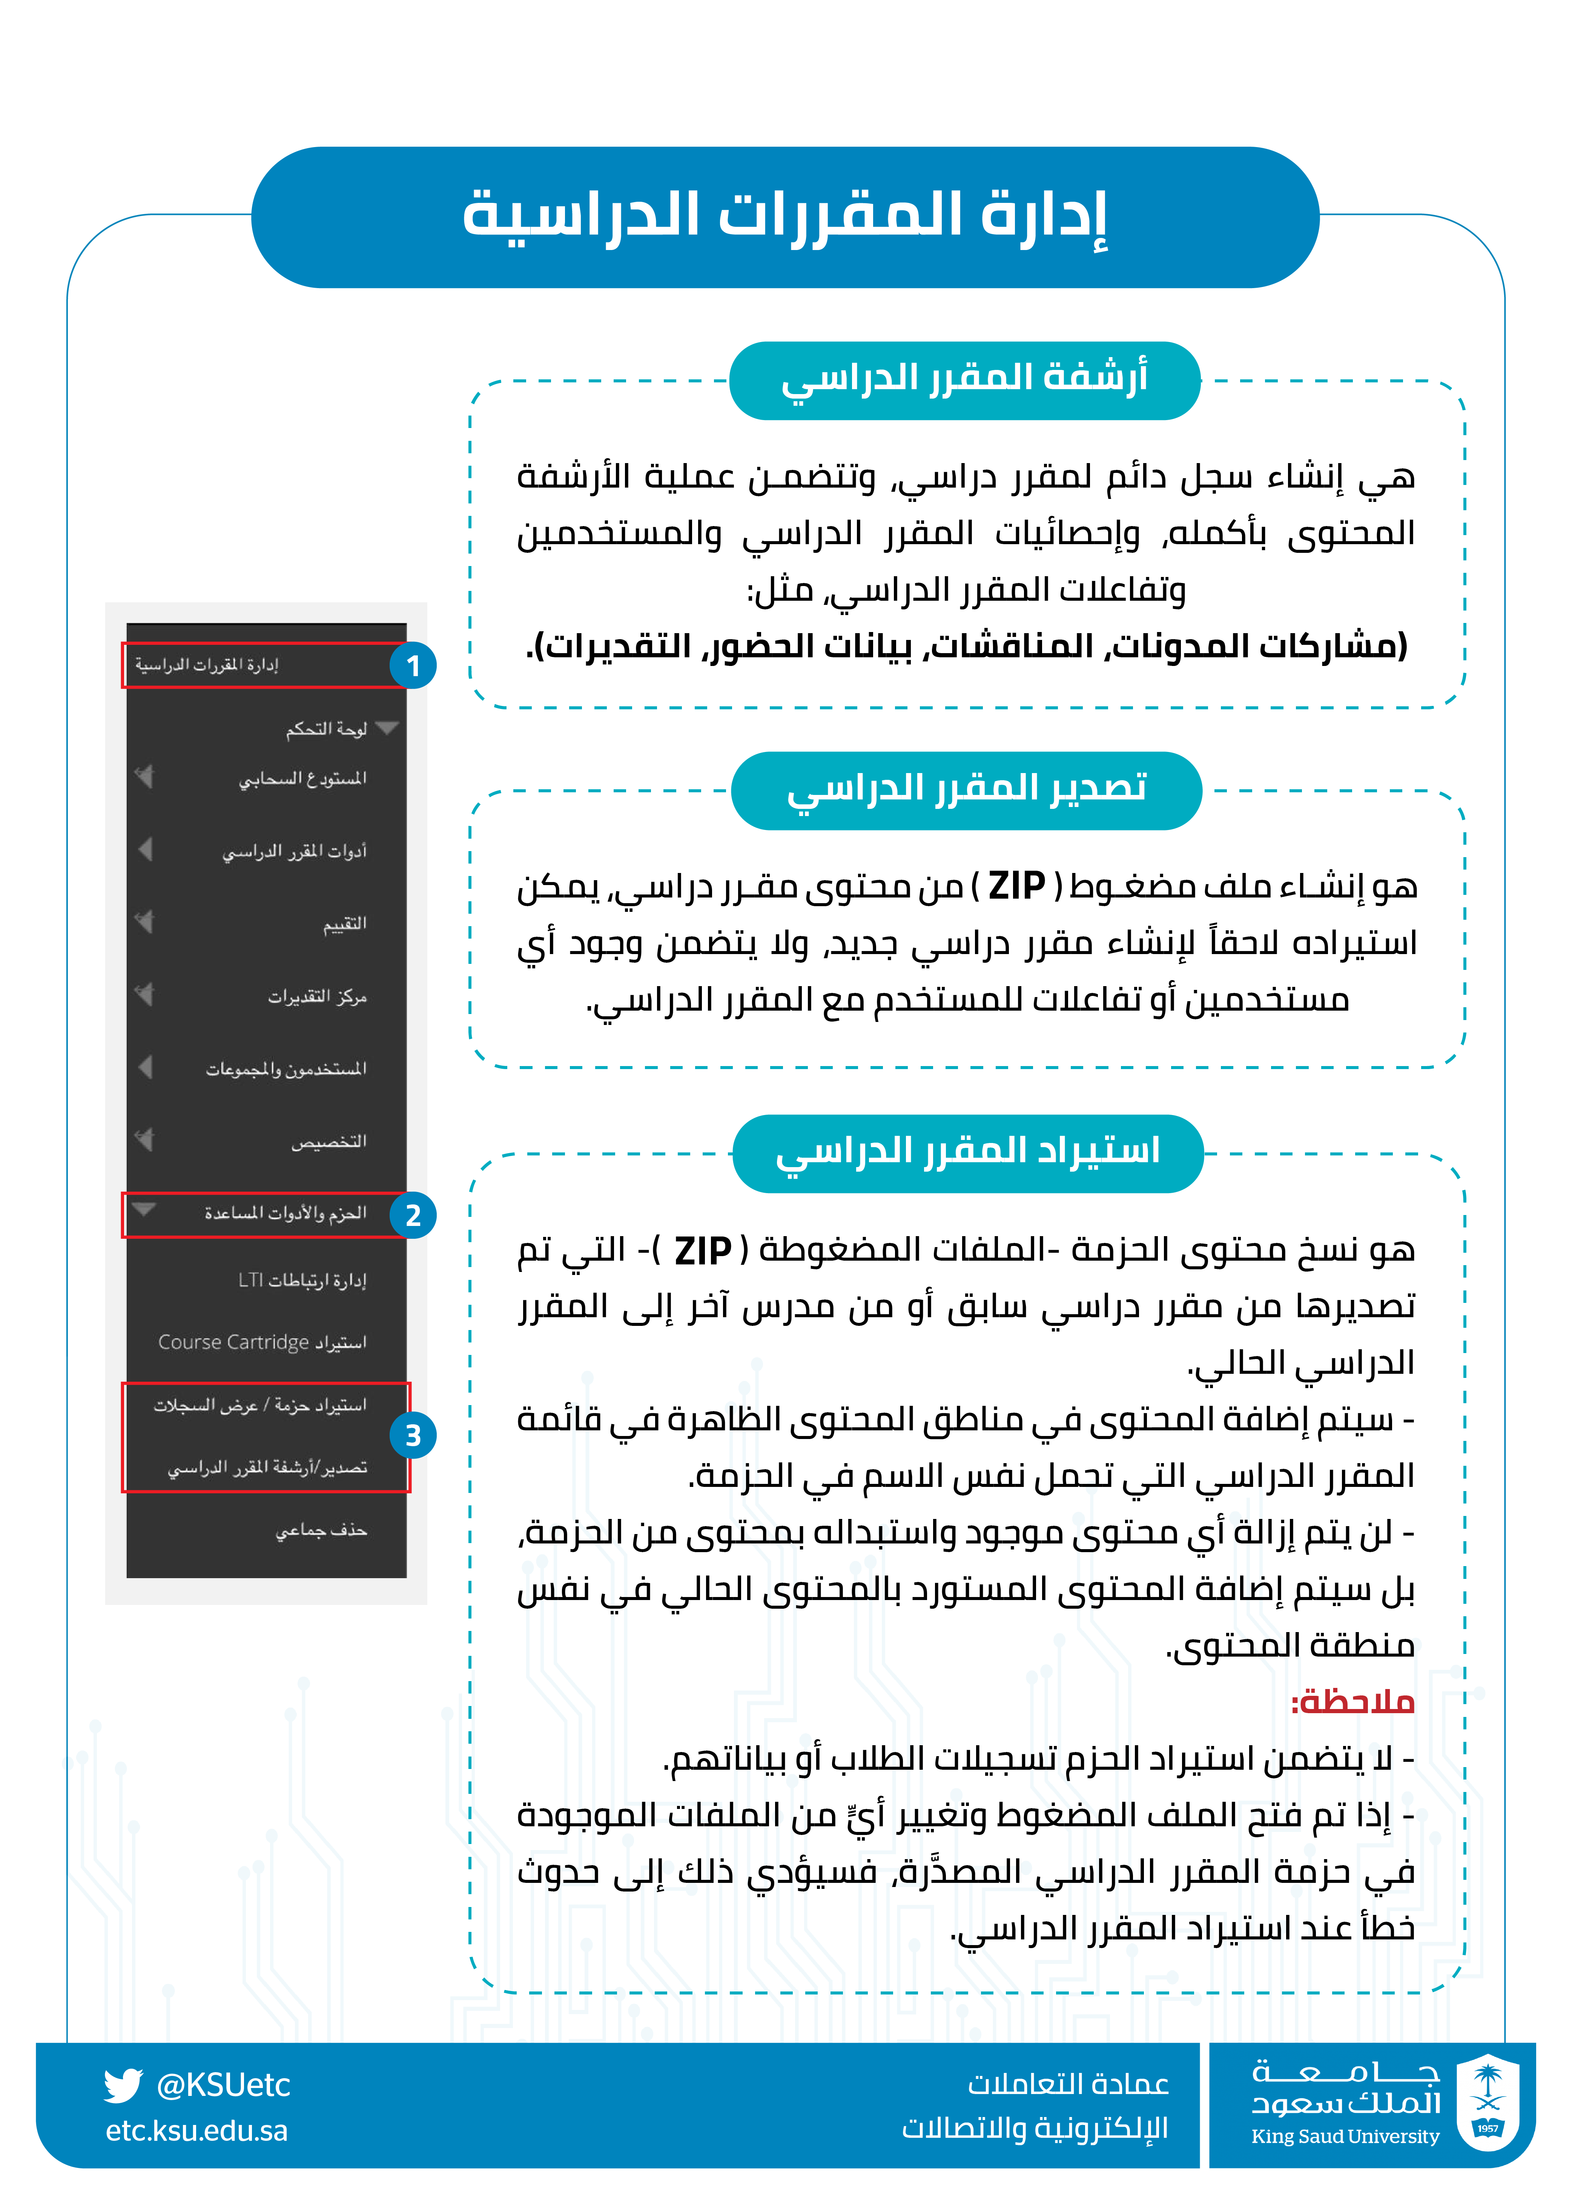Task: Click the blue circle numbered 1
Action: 413,666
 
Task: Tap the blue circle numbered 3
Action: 413,1435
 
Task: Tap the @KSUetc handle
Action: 223,2085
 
